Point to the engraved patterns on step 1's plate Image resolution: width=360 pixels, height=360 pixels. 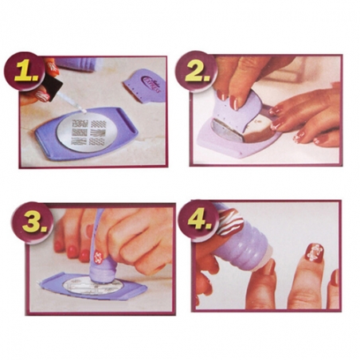click(x=90, y=128)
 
